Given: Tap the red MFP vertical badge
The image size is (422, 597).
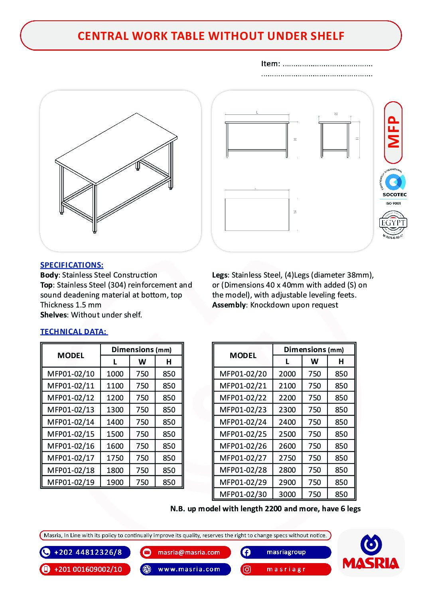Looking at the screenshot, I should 393,132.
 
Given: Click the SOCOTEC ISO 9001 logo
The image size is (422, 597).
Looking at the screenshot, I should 394,187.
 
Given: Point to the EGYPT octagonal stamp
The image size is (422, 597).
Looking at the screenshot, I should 393,224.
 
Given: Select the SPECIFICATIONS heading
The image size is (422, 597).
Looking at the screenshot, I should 72,265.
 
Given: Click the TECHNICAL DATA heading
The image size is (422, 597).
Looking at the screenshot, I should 74,331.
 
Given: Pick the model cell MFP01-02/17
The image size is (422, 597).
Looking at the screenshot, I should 71,458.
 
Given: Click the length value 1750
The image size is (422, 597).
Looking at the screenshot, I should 115,458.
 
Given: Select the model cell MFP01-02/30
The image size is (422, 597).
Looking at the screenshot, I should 243,494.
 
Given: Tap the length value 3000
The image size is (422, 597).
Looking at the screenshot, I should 287,494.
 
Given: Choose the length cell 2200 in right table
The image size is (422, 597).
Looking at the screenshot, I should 287,398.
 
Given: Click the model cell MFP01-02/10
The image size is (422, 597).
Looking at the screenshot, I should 71,374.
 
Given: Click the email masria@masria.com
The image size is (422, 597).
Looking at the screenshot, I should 189,552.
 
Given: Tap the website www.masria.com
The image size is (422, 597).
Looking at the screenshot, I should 189,569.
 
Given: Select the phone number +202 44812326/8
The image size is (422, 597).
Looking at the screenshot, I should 88,552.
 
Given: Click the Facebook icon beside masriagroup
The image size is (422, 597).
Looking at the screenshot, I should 246,552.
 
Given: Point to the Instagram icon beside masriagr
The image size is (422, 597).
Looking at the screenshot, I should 247,569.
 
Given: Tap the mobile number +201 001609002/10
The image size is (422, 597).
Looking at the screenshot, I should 88,569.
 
